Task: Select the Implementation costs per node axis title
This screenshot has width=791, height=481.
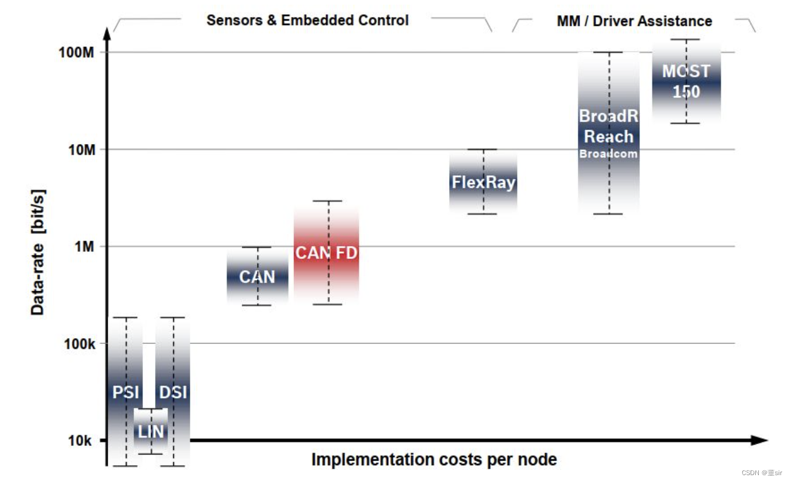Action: point(434,459)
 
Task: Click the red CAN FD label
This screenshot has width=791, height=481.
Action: point(326,253)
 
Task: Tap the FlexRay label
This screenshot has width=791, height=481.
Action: point(483,182)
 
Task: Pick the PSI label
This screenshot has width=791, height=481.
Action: point(125,391)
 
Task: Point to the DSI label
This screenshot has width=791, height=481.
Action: point(173,391)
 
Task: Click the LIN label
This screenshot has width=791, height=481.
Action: point(151,432)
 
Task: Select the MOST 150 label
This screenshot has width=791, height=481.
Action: point(686,81)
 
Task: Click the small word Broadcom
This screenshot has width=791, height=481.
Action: point(608,154)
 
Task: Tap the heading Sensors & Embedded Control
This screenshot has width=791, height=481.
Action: point(307,20)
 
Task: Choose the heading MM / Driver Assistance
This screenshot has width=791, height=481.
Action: point(635,21)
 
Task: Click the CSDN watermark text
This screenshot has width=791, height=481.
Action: point(762,472)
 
